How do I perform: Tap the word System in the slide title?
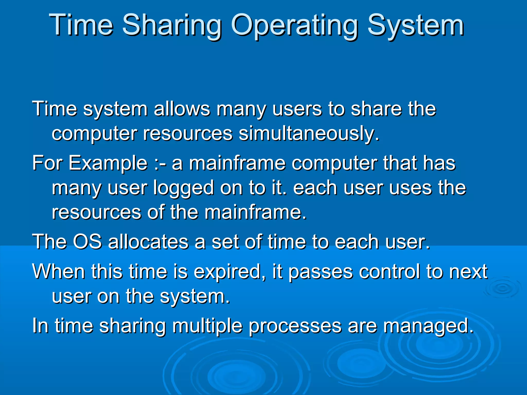click(x=415, y=26)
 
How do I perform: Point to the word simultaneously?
click(x=309, y=134)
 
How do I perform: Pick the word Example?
click(x=108, y=164)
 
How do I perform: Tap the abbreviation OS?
click(x=87, y=242)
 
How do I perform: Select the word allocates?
click(x=148, y=242)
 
